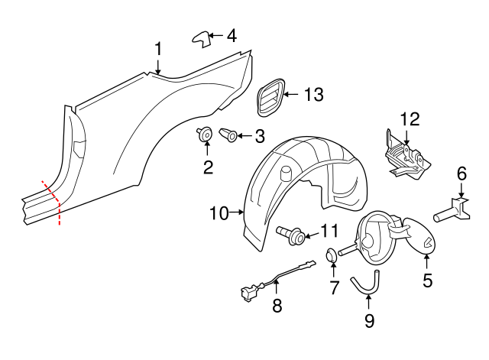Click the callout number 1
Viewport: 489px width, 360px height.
point(158,50)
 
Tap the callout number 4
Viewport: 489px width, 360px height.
point(231,35)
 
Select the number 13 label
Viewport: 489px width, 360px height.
point(313,95)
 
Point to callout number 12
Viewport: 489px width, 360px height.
point(410,118)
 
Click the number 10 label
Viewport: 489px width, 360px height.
point(219,213)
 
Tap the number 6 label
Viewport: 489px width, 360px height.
point(461,174)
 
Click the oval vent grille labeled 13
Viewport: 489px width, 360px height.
point(269,98)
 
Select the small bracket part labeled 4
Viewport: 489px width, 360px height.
point(200,37)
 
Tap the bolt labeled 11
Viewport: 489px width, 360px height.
point(294,232)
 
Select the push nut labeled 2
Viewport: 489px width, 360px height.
point(205,135)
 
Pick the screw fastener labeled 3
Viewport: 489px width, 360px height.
point(229,136)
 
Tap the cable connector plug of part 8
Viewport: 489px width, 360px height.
point(247,291)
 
